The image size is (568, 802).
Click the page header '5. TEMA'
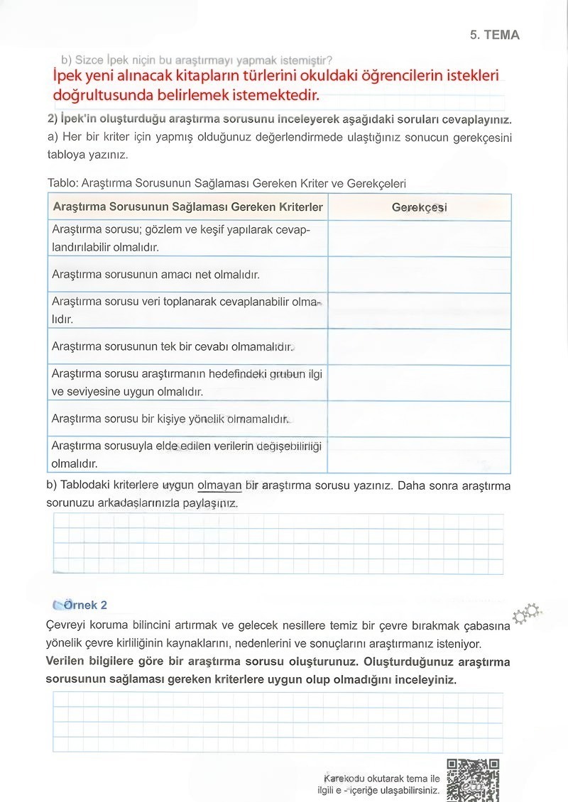coord(494,35)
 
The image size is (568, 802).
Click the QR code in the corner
coord(473,779)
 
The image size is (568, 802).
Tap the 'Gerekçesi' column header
coord(419,207)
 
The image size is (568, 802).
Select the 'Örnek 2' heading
coord(84,605)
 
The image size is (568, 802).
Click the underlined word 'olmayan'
coord(219,486)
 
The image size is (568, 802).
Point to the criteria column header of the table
coord(187,207)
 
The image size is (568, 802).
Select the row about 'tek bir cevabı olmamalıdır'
coord(173,347)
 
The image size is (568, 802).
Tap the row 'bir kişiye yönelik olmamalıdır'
coord(170,419)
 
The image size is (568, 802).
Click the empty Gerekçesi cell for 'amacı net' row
coord(419,274)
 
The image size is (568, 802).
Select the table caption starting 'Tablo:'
coord(226,183)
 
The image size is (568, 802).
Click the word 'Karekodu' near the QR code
coord(344,779)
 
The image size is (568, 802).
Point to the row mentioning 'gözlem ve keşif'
coord(180,238)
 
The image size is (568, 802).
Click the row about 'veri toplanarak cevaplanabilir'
coord(185,310)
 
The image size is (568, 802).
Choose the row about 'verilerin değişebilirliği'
coord(186,454)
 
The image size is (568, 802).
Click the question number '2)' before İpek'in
coord(52,119)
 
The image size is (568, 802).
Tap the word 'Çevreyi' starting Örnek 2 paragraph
coord(66,627)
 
